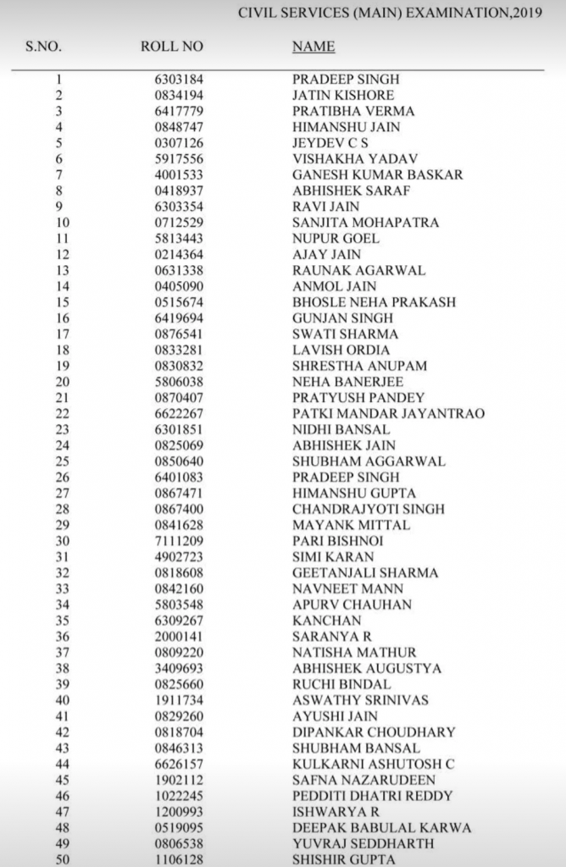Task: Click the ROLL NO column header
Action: (172, 47)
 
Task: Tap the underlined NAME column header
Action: (314, 47)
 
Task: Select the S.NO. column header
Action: (43, 47)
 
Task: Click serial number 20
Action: (60, 382)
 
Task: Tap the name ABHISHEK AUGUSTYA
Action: (367, 668)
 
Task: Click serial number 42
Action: (60, 732)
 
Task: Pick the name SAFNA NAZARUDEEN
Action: (352, 780)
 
